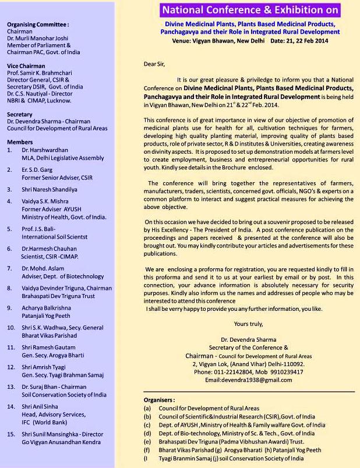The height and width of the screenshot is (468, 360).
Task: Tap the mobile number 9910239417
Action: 288,371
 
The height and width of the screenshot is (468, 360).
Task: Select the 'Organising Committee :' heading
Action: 38,24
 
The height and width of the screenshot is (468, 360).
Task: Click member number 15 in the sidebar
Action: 11,434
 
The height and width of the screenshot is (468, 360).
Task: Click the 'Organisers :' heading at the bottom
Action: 159,400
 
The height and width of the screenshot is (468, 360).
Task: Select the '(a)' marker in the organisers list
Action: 147,408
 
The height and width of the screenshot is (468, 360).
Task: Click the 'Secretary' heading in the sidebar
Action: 20,115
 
